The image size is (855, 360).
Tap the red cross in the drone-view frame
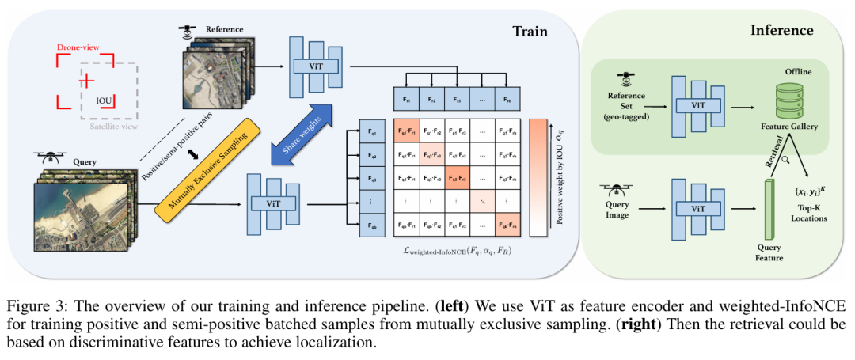point(86,81)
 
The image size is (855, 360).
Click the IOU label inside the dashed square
point(104,100)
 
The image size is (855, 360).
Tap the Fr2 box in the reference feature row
point(432,100)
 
